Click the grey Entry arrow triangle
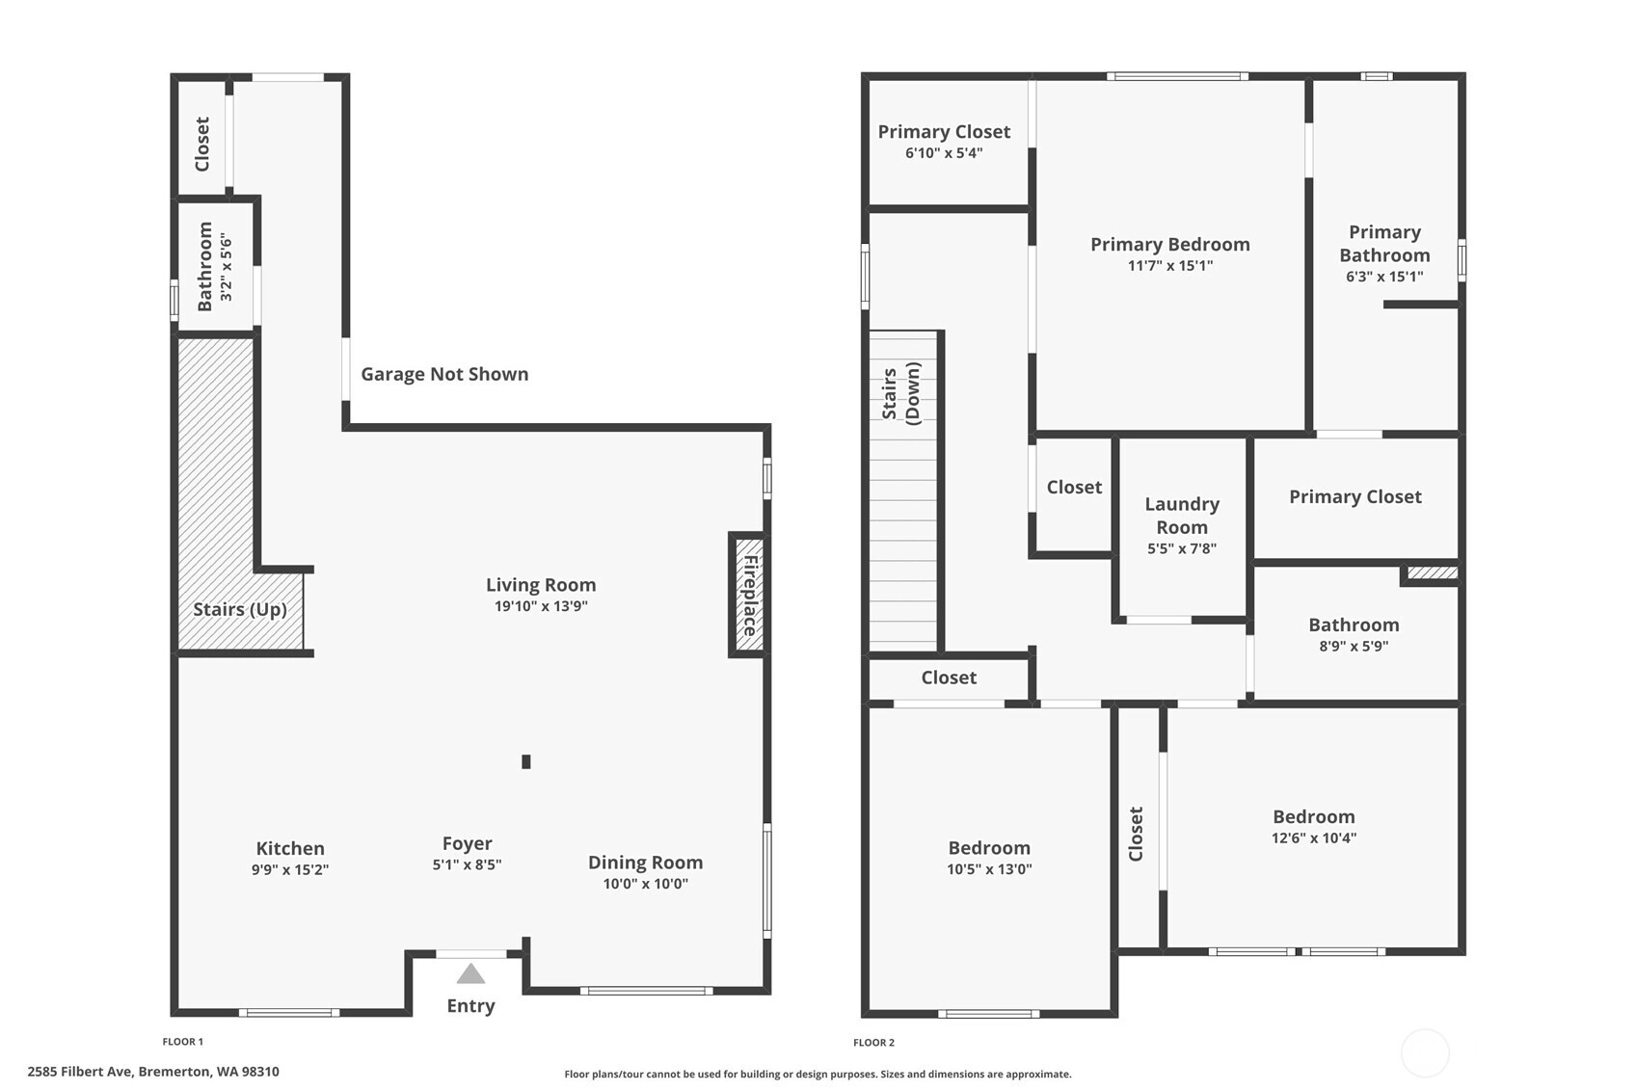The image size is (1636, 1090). [x=471, y=973]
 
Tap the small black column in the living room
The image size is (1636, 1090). [x=525, y=761]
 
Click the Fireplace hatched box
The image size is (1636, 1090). [x=749, y=595]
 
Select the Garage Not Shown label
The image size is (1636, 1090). [x=444, y=374]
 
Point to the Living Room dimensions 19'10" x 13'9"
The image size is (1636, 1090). [x=541, y=606]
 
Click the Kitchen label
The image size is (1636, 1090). [x=290, y=848]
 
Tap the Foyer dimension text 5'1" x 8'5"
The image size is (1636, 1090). [x=468, y=864]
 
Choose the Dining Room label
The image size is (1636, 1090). [x=646, y=863]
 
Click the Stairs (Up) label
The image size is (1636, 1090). [x=239, y=609]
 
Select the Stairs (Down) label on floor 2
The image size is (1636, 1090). [x=901, y=393]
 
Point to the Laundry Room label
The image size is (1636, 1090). [x=1183, y=516]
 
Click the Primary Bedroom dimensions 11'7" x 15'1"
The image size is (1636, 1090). [x=1170, y=266]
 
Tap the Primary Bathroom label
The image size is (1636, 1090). [x=1384, y=243]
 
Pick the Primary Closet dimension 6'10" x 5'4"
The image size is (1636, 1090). [x=945, y=153]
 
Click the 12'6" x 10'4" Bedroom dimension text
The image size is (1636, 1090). [x=1314, y=838]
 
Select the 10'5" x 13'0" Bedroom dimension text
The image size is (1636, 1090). [x=990, y=869]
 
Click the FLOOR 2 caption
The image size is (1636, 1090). [x=874, y=1043]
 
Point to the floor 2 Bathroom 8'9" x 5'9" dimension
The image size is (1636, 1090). [x=1354, y=646]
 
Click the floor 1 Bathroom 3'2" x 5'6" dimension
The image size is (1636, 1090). [x=226, y=267]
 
